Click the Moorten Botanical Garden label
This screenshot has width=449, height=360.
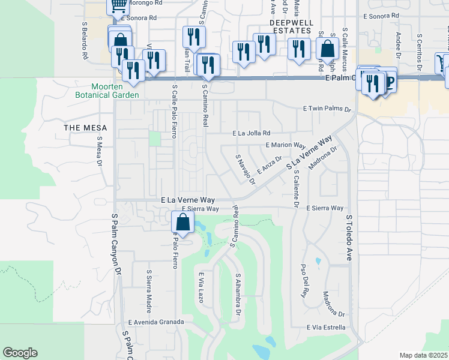[107, 90]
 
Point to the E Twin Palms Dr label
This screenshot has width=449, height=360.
[327, 109]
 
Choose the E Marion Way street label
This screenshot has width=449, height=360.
[286, 145]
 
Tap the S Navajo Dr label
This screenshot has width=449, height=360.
[246, 169]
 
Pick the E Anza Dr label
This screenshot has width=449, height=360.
[269, 163]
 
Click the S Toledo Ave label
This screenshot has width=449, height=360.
[348, 238]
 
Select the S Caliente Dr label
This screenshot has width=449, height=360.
[296, 188]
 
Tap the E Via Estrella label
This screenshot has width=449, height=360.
[325, 328]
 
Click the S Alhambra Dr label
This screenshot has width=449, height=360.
[238, 294]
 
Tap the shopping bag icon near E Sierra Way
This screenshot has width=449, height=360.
[183, 222]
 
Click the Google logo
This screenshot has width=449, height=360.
[20, 353]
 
